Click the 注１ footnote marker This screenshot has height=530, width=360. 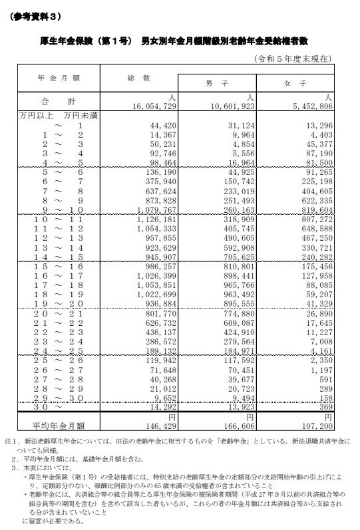(x=10, y=441)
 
